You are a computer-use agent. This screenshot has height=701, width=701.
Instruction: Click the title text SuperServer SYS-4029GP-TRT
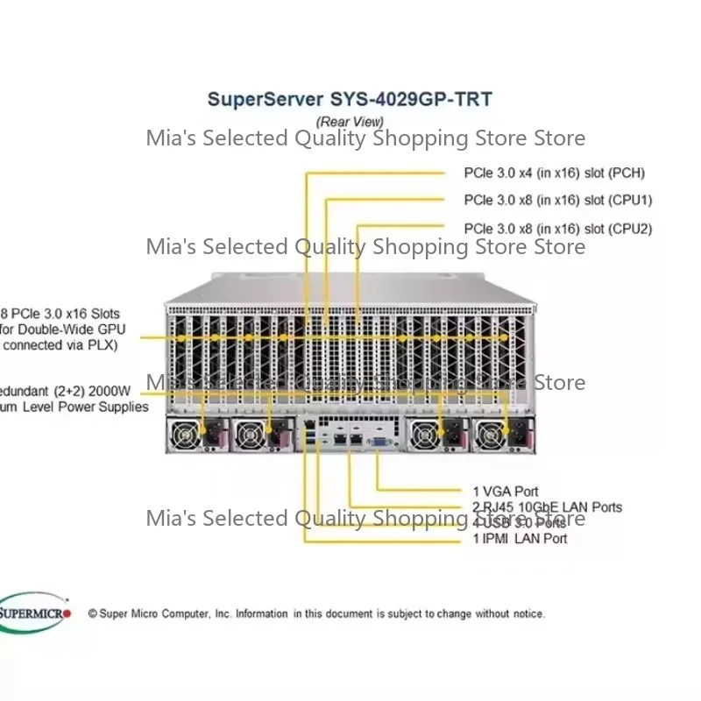tap(349, 99)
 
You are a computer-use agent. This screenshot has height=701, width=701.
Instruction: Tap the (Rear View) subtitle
tap(349, 122)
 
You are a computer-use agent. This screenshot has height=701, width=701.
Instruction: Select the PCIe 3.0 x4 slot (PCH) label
tap(554, 173)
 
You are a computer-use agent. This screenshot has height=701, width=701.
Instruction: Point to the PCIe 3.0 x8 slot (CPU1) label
tap(557, 200)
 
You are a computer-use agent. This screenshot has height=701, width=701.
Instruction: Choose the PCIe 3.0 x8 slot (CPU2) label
tap(557, 229)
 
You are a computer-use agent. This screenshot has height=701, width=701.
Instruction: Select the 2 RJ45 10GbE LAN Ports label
tap(542, 507)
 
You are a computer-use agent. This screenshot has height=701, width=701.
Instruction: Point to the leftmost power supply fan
tap(187, 434)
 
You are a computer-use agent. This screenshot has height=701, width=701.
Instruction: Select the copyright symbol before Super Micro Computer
tap(92, 614)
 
